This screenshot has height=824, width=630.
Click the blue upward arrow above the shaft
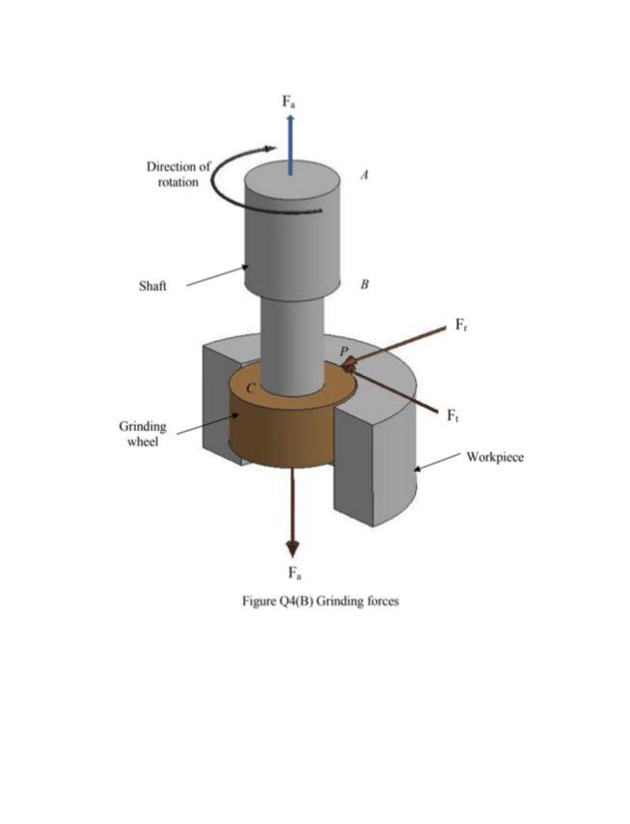290,142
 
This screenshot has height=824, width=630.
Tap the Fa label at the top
289,100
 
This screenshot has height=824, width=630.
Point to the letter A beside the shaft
364,176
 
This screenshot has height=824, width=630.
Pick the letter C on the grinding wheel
251,387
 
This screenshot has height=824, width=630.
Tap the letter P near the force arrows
342,350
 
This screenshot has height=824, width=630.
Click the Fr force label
463,325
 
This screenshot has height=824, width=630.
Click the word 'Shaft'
152,286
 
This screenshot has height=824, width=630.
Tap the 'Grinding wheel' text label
143,434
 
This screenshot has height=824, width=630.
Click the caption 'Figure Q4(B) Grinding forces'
319,601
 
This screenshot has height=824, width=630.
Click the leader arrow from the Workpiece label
439,464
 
